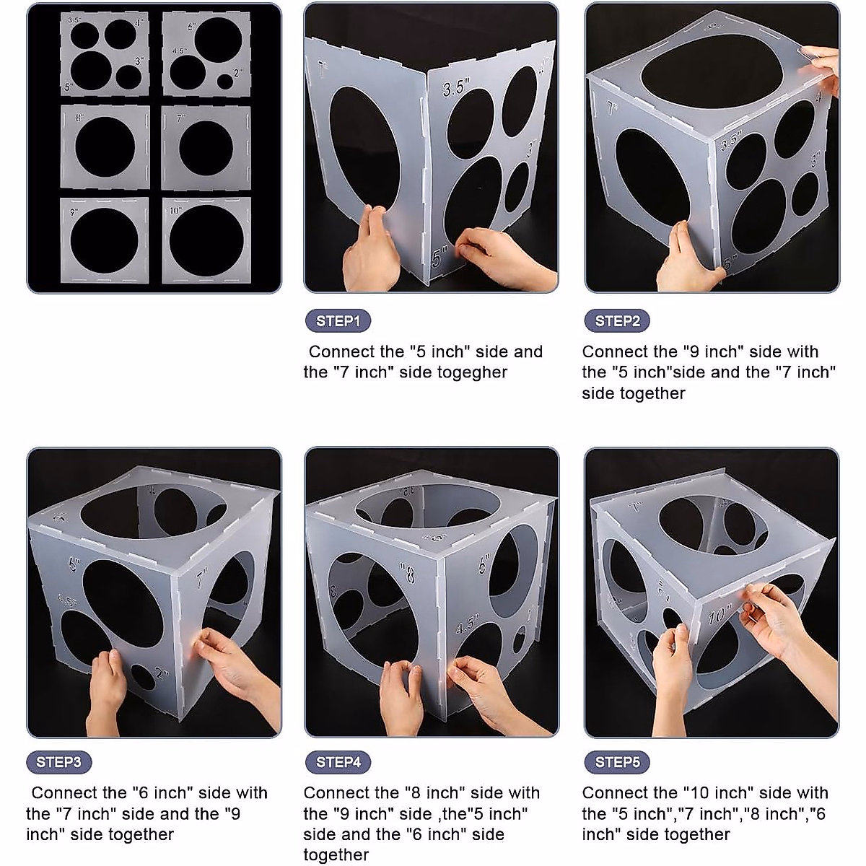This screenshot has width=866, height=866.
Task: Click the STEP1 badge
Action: (338, 321)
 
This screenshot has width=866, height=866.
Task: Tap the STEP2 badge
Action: (617, 321)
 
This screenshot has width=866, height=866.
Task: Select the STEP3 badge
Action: (59, 762)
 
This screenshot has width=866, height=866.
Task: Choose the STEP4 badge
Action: (338, 762)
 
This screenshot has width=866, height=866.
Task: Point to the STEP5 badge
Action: (617, 762)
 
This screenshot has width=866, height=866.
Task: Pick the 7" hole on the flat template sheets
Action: (206, 146)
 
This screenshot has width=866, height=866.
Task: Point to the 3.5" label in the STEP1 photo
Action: (456, 88)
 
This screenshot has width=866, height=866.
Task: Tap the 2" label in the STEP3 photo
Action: (164, 675)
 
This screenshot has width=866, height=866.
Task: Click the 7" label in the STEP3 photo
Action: (202, 577)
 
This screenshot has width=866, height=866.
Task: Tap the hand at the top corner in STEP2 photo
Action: (823, 65)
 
